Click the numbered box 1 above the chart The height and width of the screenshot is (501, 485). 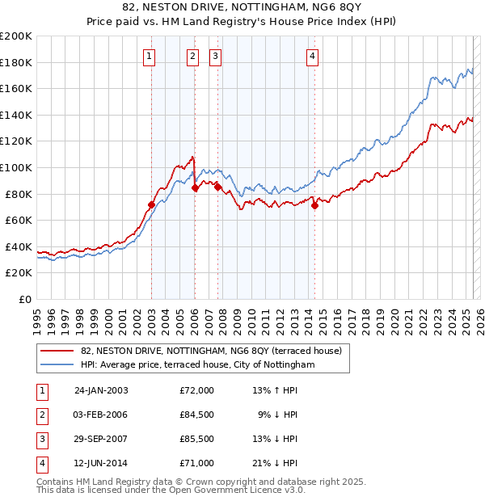(151, 56)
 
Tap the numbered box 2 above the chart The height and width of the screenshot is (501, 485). (194, 56)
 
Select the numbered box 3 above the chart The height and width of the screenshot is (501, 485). (216, 56)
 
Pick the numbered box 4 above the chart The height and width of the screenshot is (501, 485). (312, 56)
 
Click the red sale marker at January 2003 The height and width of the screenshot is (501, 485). (151, 204)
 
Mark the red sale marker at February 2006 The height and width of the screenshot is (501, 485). (195, 188)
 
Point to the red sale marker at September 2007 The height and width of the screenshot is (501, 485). (217, 187)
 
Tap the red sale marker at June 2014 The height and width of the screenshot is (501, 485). (314, 206)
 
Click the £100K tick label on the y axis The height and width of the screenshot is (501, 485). (16, 167)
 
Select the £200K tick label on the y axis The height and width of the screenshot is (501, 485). (16, 36)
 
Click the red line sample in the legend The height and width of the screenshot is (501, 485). (58, 352)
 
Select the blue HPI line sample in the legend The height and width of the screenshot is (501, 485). (58, 365)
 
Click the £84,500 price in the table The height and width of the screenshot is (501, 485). (197, 415)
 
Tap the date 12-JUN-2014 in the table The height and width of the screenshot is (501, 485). (101, 463)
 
